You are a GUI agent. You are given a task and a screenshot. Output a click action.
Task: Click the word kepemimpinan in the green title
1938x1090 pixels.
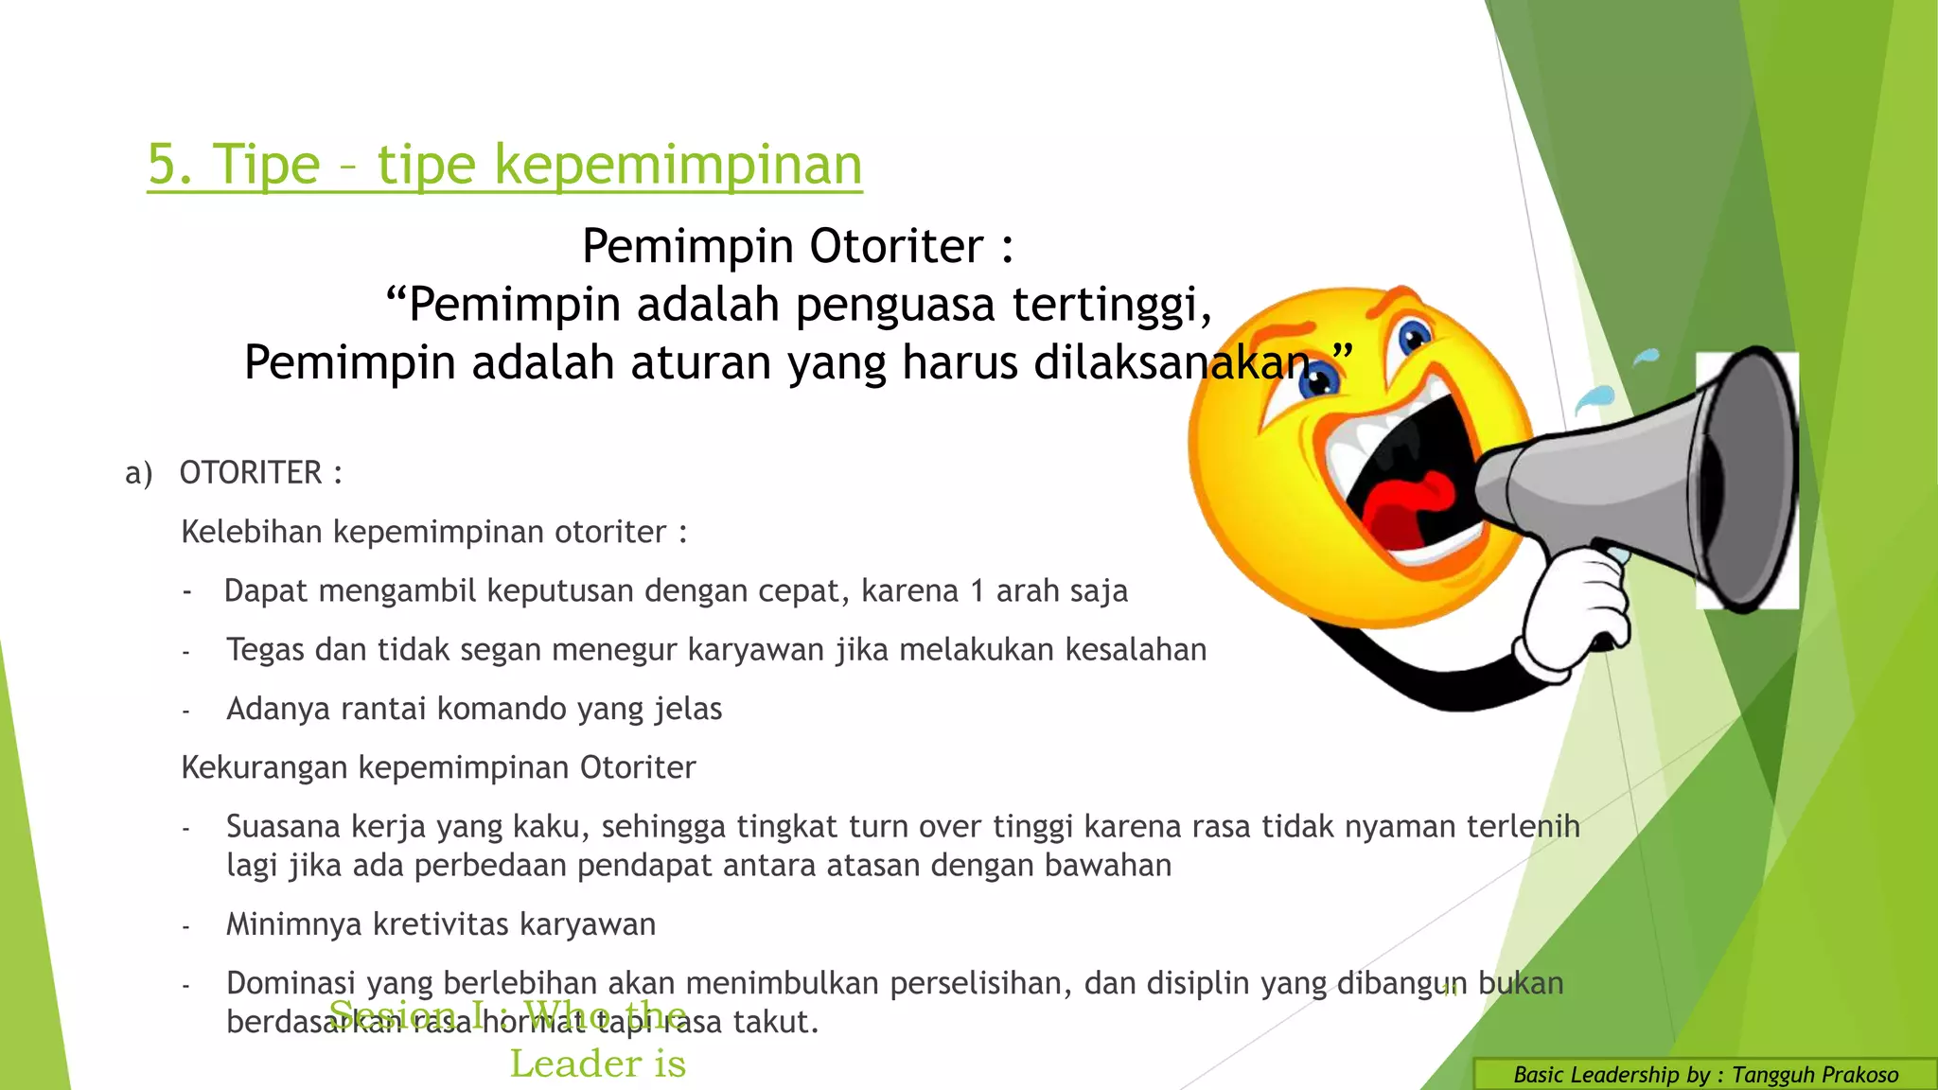[x=678, y=165]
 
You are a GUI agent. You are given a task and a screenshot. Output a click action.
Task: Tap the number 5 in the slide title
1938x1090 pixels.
[x=163, y=165]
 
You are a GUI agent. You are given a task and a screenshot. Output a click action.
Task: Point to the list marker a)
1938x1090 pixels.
[x=138, y=473]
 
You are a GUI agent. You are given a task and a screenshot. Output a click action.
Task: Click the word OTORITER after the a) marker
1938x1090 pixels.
[x=251, y=472]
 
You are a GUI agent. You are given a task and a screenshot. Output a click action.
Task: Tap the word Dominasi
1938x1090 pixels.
[x=291, y=983]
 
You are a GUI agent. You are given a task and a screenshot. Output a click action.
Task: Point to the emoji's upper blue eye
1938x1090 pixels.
[x=1414, y=336]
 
